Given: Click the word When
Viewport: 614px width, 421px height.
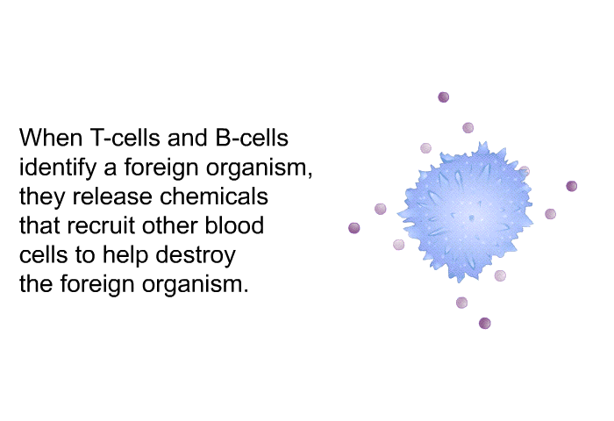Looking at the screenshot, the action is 51,138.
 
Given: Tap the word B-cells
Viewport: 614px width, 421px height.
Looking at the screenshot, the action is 252,138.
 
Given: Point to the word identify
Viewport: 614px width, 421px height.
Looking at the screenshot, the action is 58,168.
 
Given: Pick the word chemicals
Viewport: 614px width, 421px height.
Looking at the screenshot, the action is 214,196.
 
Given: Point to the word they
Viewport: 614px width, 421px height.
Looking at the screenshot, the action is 42,197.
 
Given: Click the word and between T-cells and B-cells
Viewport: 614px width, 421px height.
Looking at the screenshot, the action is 188,138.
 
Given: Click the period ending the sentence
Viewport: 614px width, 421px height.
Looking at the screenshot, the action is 246,290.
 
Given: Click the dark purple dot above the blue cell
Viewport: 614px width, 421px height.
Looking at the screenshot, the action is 443,97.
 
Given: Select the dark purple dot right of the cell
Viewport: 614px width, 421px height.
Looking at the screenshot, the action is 572,186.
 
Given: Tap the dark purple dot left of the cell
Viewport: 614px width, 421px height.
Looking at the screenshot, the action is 354,228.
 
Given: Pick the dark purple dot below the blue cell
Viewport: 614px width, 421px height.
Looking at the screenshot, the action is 485,323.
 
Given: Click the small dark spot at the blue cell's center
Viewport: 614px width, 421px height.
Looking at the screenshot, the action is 472,218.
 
